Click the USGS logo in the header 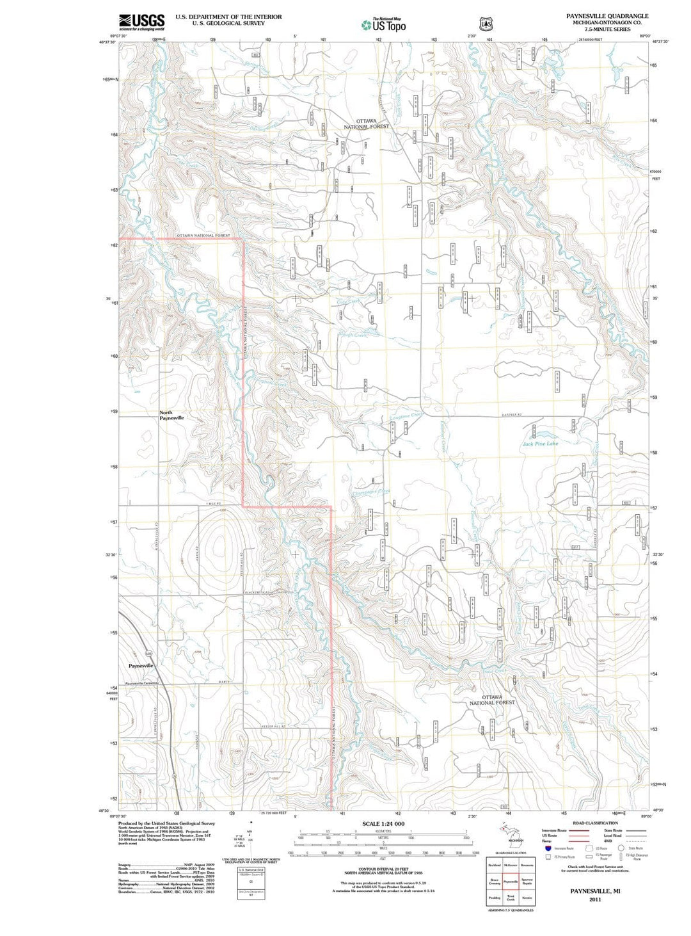tap(141, 22)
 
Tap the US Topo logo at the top tap(383, 25)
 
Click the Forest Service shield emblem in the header tap(487, 24)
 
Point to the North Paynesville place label tap(171, 416)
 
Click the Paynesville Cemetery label tap(141, 683)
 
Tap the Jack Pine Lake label tap(540, 443)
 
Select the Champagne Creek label tap(371, 492)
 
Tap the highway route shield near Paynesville tap(148, 653)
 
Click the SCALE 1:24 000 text tap(383, 823)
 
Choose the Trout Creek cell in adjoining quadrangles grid tap(511, 898)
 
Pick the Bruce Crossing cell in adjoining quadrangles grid tap(495, 882)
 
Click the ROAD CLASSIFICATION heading tap(595, 823)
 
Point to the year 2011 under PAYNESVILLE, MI tap(595, 899)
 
